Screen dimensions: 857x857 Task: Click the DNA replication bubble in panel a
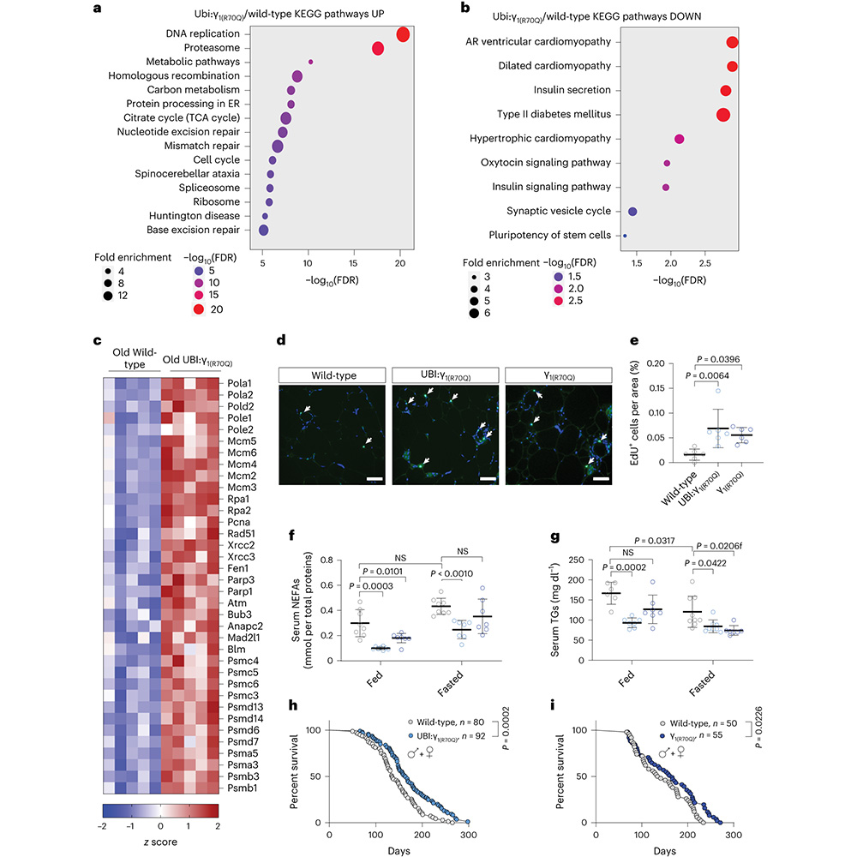pyautogui.click(x=403, y=34)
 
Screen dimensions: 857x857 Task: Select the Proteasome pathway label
pyautogui.click(x=210, y=48)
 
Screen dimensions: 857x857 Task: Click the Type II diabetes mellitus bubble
pyautogui.click(x=723, y=114)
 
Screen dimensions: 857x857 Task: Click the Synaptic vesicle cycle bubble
pyautogui.click(x=632, y=211)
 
